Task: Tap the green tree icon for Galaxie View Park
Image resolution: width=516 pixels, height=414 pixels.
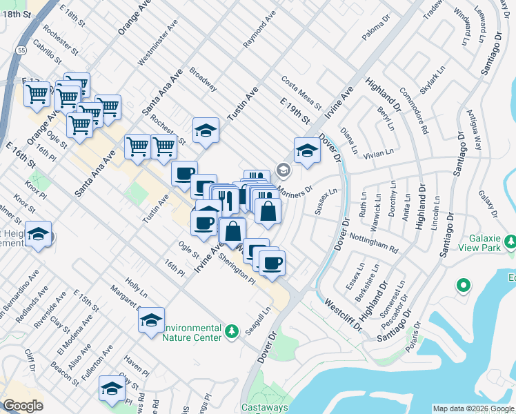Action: tap(510, 241)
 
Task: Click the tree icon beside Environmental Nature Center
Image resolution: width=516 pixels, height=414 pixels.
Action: tap(232, 331)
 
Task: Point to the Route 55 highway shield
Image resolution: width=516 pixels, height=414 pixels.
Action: tap(23, 50)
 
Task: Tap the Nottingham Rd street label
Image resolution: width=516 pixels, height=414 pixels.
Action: tap(375, 243)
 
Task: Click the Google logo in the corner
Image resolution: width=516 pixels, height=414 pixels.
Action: tap(23, 406)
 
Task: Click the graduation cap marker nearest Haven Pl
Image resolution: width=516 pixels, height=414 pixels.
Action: tap(111, 388)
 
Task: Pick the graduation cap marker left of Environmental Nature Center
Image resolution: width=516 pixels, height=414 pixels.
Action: tap(151, 319)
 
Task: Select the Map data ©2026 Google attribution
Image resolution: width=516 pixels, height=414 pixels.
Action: tap(474, 408)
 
